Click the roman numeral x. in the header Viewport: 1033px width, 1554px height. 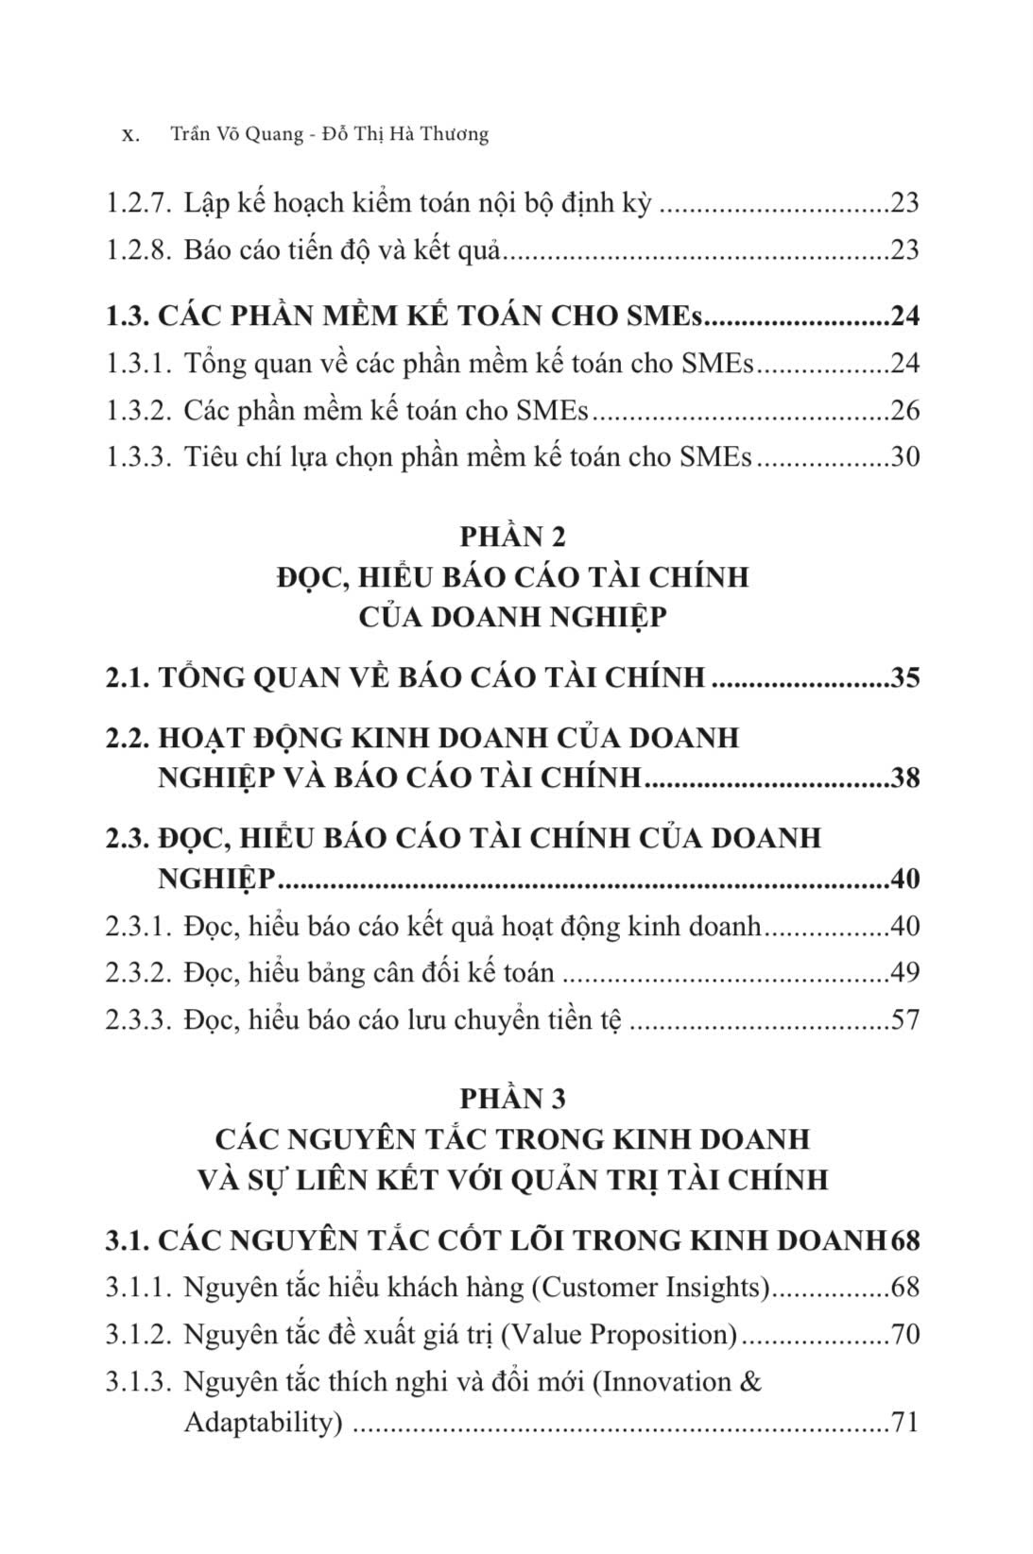pos(131,135)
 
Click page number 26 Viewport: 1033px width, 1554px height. pos(904,411)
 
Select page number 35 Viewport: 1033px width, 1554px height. pos(904,678)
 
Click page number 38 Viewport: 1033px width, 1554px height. pos(904,778)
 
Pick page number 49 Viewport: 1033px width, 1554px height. pos(904,973)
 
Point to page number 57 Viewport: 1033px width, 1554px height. pos(904,1020)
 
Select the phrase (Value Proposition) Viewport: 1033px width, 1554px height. pos(619,1335)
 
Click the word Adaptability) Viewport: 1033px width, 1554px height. pos(262,1423)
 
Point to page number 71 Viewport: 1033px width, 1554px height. pos(904,1423)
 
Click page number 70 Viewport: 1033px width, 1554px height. pos(904,1335)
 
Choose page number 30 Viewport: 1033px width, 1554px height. pos(904,458)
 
